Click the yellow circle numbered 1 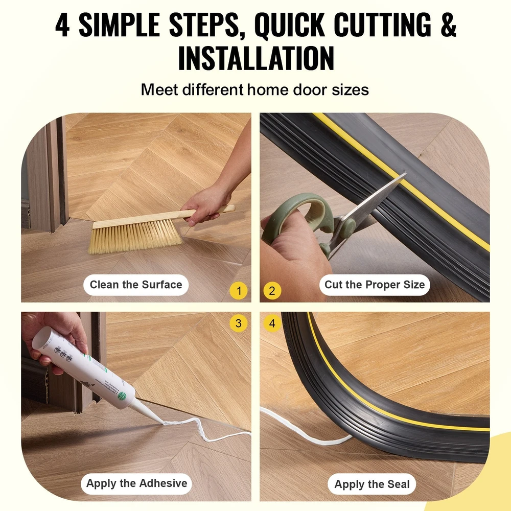pyautogui.click(x=239, y=291)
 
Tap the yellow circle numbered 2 pyautogui.click(x=272, y=291)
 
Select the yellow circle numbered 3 pyautogui.click(x=239, y=323)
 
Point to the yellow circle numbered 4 pyautogui.click(x=272, y=323)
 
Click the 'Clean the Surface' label pyautogui.click(x=136, y=285)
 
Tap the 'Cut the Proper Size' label pyautogui.click(x=375, y=285)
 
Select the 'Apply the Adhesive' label pyautogui.click(x=136, y=483)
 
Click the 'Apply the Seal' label pyautogui.click(x=372, y=484)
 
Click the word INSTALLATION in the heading pyautogui.click(x=256, y=58)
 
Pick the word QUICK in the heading pyautogui.click(x=289, y=25)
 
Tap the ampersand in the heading pyautogui.click(x=448, y=25)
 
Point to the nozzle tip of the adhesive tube pyautogui.click(x=162, y=423)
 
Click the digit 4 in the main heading pyautogui.click(x=62, y=25)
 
